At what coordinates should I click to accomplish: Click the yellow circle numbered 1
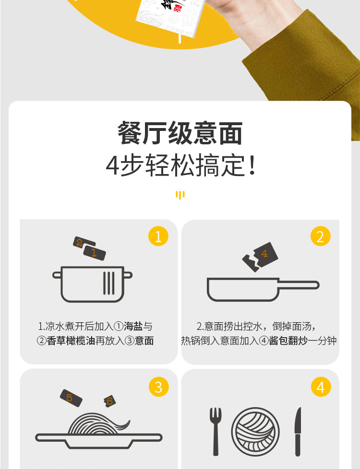(x=158, y=236)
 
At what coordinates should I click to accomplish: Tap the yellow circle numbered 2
(x=320, y=236)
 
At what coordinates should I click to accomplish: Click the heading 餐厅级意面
(x=180, y=133)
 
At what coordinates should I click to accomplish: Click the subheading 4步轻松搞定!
(x=180, y=165)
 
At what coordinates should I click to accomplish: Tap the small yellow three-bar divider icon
(x=180, y=195)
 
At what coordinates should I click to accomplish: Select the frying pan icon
(x=263, y=289)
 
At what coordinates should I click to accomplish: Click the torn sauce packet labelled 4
(x=260, y=257)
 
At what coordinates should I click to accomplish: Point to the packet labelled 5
(x=71, y=398)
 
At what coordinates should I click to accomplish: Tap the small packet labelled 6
(x=109, y=401)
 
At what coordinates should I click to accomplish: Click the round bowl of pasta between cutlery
(x=255, y=432)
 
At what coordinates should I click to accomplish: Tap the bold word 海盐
(x=133, y=326)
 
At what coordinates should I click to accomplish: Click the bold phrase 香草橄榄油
(x=71, y=340)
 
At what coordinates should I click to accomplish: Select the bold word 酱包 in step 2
(x=278, y=340)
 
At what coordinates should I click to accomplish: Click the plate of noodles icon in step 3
(x=99, y=431)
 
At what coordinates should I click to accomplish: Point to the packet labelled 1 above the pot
(x=95, y=253)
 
